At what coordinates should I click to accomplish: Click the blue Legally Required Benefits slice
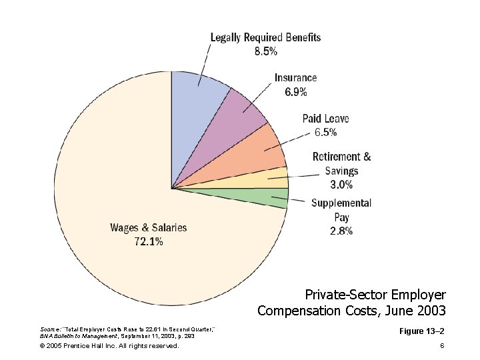pos(197,100)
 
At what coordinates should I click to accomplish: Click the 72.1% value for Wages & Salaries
pos(149,243)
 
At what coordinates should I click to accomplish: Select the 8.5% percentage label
pos(265,51)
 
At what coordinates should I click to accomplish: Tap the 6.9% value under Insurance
pos(296,92)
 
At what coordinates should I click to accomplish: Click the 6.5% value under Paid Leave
pos(325,133)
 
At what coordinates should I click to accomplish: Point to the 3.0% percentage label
pos(341,185)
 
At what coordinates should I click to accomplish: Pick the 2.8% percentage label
pos(341,231)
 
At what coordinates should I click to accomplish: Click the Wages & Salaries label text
pos(149,228)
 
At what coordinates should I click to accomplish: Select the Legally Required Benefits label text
pos(265,37)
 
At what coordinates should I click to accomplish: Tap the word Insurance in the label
pos(296,78)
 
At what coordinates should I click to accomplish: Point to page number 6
pos(442,346)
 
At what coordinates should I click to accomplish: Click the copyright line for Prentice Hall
pos(109,346)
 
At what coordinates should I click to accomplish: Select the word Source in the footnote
pos(50,329)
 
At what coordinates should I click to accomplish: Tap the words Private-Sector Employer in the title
pos(375,295)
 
